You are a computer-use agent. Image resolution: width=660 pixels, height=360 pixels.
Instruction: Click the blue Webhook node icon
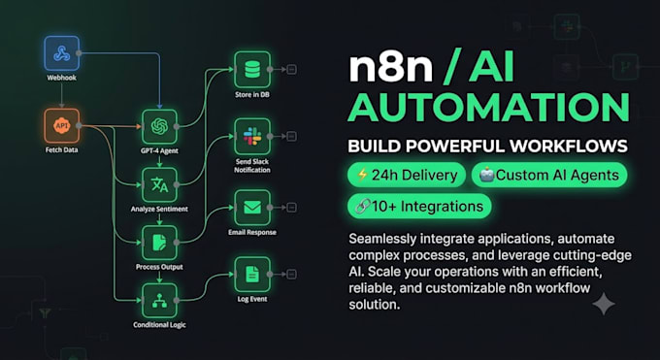pyautogui.click(x=62, y=53)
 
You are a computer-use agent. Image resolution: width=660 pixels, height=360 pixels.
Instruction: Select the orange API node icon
pyautogui.click(x=62, y=126)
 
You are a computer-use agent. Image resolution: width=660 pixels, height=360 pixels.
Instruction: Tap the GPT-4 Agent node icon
pyautogui.click(x=159, y=127)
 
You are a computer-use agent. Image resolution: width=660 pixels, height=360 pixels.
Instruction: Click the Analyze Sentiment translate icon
pyautogui.click(x=159, y=184)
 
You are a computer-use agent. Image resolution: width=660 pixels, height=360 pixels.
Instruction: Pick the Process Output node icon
pyautogui.click(x=159, y=243)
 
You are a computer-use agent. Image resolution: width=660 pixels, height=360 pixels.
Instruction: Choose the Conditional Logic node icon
pyautogui.click(x=159, y=301)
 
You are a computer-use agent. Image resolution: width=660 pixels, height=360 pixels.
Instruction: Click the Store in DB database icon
pyautogui.click(x=252, y=70)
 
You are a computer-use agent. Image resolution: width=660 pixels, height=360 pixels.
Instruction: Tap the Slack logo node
pyautogui.click(x=252, y=137)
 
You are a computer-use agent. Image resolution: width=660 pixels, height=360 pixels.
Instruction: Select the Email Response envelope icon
pyautogui.click(x=252, y=208)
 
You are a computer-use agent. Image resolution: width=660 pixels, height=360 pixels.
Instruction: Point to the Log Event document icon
pyautogui.click(x=252, y=275)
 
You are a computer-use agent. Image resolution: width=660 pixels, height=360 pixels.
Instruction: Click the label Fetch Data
pyautogui.click(x=62, y=149)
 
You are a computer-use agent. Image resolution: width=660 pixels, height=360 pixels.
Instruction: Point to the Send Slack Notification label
pyautogui.click(x=252, y=166)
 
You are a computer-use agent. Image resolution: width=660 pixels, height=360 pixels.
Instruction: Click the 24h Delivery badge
pyautogui.click(x=407, y=175)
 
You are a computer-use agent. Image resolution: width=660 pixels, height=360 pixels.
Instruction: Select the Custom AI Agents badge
pyautogui.click(x=549, y=175)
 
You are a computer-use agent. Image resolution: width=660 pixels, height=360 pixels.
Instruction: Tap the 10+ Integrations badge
pyautogui.click(x=419, y=207)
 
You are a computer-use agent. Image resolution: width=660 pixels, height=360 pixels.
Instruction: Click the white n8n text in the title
pyautogui.click(x=391, y=67)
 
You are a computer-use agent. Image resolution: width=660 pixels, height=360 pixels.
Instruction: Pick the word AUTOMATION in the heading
pyautogui.click(x=488, y=107)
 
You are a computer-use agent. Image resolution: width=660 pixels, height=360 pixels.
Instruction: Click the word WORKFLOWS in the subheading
pyautogui.click(x=569, y=147)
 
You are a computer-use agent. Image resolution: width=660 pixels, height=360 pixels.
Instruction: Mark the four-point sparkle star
pyautogui.click(x=604, y=304)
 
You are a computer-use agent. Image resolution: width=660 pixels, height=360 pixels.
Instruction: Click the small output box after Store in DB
pyautogui.click(x=291, y=70)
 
